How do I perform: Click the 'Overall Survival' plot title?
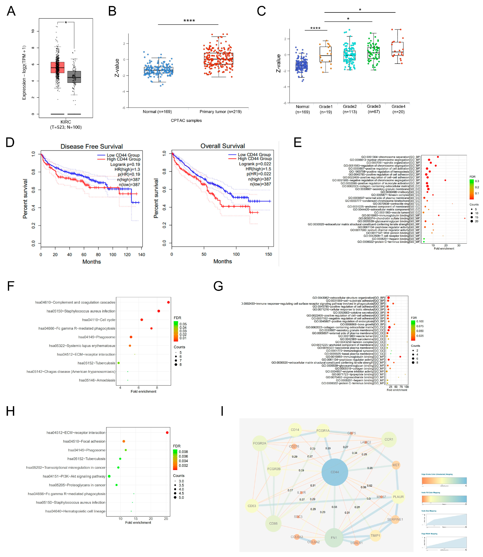[x=223, y=146]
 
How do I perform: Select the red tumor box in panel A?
[x=57, y=67]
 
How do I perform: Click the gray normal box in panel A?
[x=74, y=77]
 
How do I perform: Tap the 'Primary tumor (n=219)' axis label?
[x=220, y=112]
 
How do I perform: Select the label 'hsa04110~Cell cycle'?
[x=99, y=320]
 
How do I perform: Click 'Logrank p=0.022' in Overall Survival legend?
[x=255, y=164]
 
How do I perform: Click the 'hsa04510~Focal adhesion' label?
[x=84, y=441]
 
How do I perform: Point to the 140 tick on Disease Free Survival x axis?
[x=142, y=254]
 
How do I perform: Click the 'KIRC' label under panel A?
[x=66, y=122]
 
